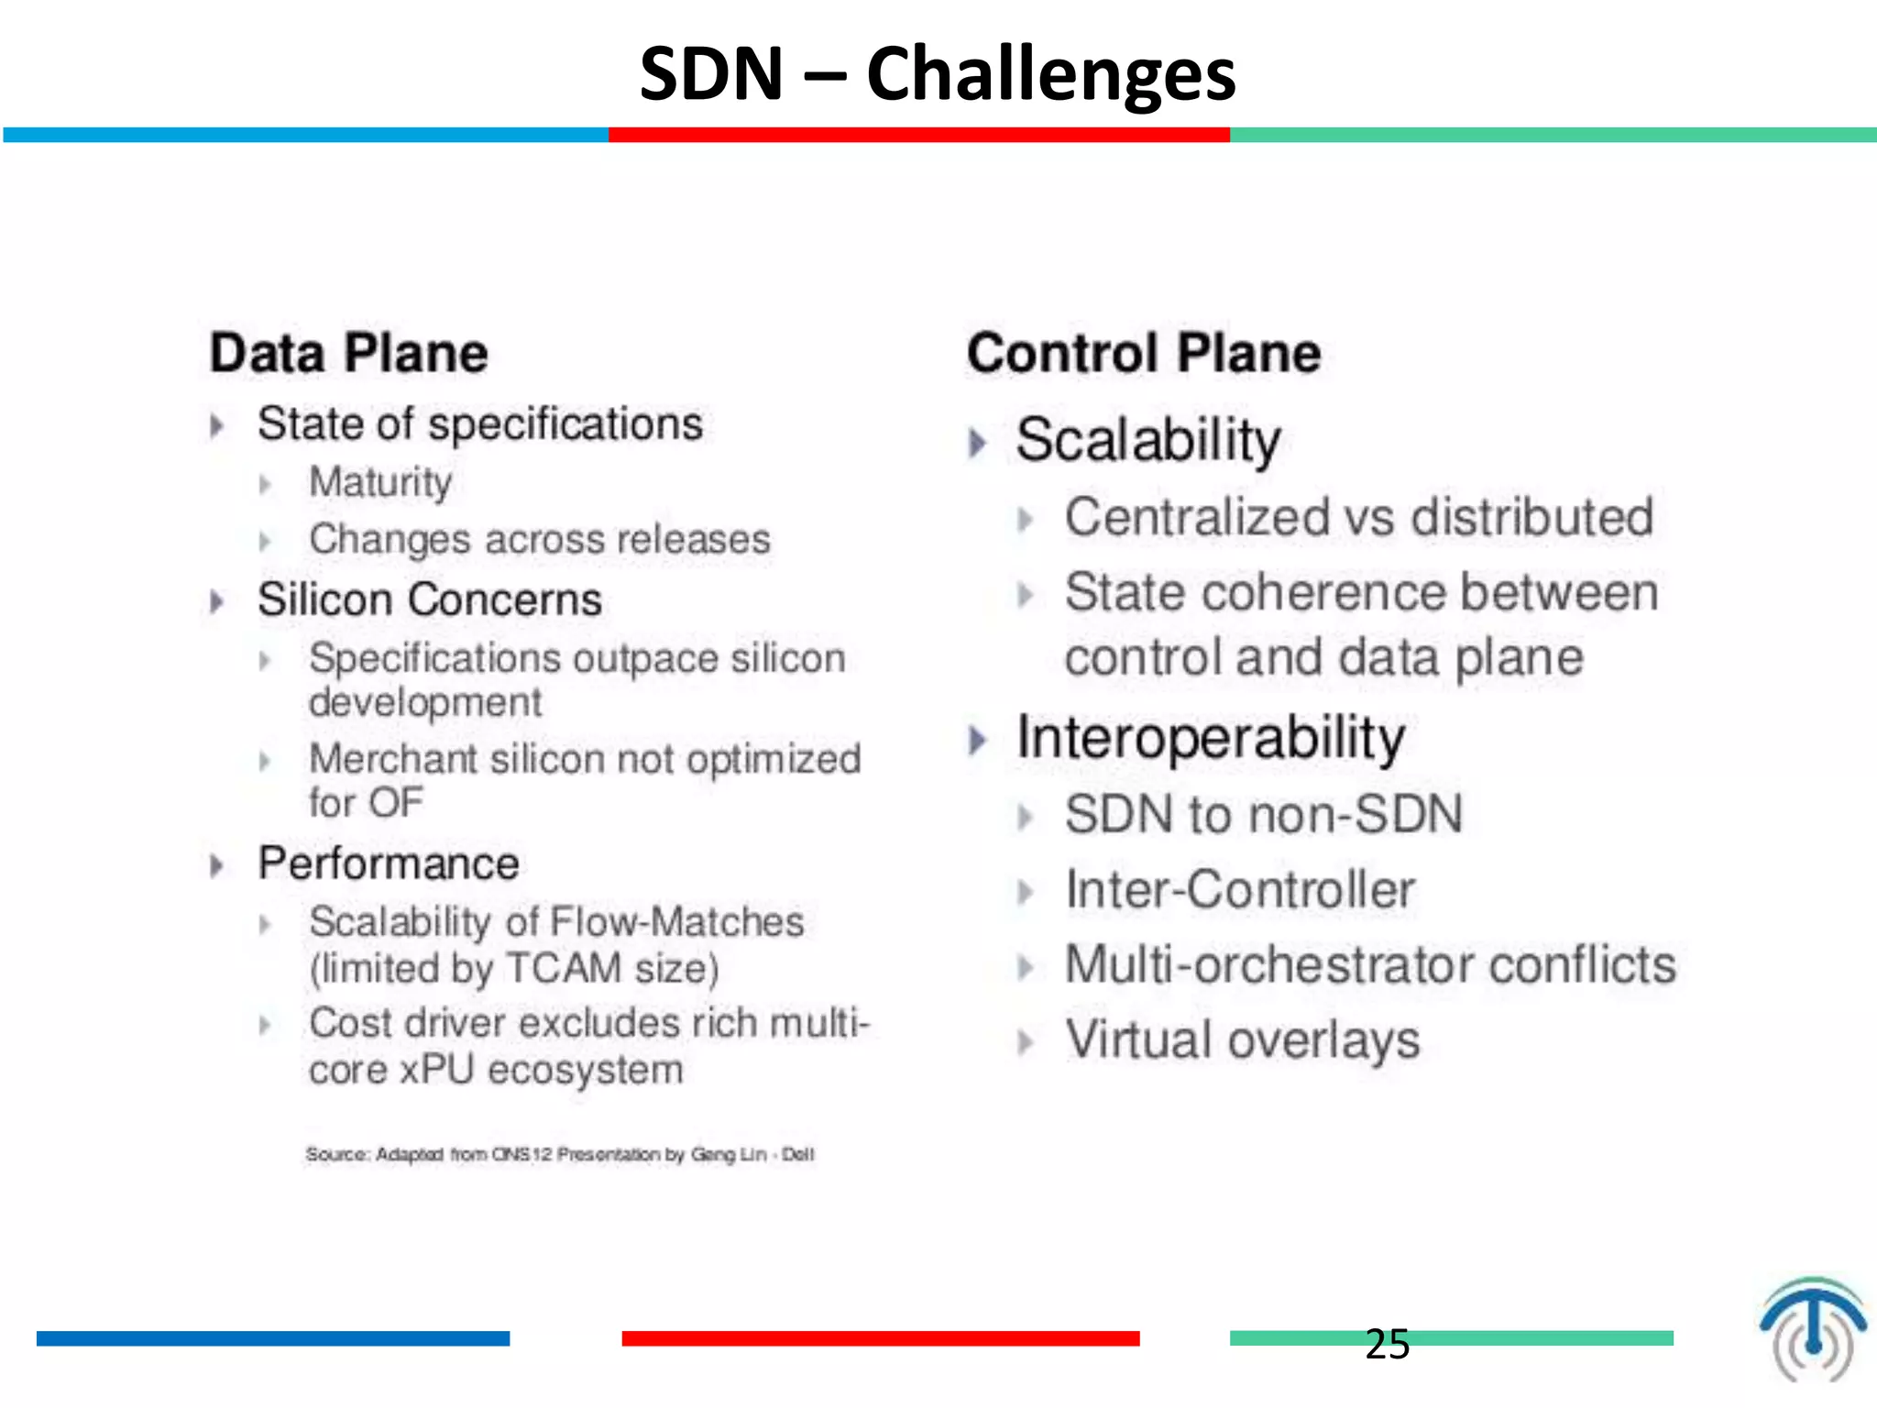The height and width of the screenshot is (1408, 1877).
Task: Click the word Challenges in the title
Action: [x=1050, y=75]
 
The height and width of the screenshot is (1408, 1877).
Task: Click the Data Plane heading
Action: [x=348, y=353]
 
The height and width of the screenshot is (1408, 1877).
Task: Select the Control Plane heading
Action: [x=1143, y=353]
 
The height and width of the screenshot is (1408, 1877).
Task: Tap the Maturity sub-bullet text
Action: [x=380, y=482]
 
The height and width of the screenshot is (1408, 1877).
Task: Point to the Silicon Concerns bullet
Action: [x=429, y=599]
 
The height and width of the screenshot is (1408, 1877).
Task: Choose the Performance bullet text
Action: [x=389, y=863]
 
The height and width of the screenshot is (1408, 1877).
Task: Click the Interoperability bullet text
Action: [x=1210, y=738]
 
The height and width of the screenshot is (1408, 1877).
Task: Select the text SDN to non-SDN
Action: [x=1263, y=814]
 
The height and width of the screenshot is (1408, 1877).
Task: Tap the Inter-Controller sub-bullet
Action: [x=1239, y=889]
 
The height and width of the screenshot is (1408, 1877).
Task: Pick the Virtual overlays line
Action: [x=1242, y=1040]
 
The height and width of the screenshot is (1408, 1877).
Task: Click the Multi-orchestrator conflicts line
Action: [x=1369, y=965]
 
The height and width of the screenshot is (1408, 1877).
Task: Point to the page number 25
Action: [x=1387, y=1344]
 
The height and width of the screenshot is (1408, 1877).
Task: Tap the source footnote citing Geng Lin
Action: [x=559, y=1154]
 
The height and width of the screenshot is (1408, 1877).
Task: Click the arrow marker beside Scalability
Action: [x=978, y=443]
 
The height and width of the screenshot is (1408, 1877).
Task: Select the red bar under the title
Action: [x=918, y=135]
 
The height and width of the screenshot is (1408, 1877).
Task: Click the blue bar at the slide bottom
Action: [x=272, y=1338]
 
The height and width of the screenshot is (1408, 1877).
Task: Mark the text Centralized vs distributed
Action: [x=1358, y=517]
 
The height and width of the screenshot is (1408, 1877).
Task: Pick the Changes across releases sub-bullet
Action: [x=539, y=539]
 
